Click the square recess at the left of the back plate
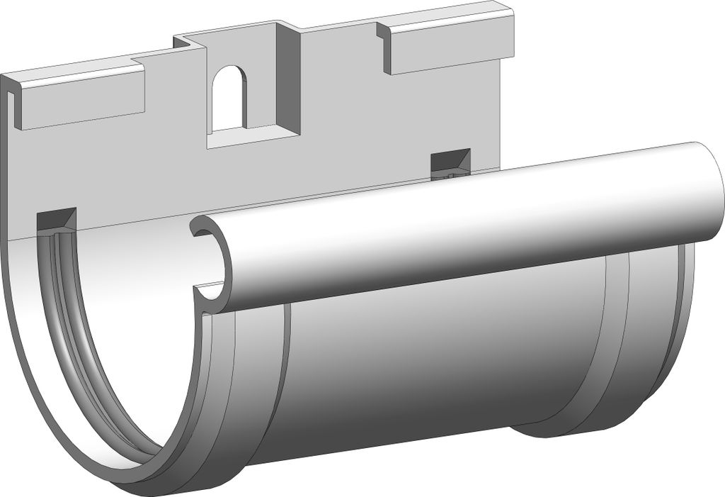point(56,220)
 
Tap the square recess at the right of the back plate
point(450,163)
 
